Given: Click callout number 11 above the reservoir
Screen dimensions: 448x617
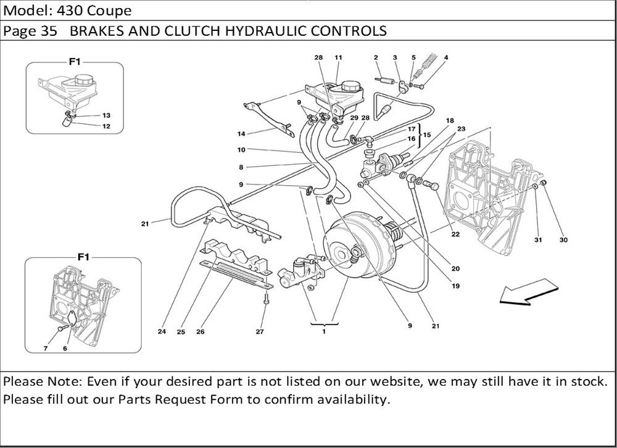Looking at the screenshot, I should click(338, 57).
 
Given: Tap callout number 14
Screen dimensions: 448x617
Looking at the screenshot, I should click(241, 134).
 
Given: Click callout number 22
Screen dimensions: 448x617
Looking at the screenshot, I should click(455, 234).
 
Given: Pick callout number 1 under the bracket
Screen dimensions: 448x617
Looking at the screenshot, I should click(323, 332).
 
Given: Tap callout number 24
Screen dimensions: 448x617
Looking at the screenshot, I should click(162, 332).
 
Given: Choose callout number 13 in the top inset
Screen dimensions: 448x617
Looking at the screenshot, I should click(106, 115).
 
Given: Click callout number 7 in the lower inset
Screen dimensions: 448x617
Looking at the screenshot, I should click(45, 349).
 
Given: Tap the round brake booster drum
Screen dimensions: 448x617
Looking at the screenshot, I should click(352, 247).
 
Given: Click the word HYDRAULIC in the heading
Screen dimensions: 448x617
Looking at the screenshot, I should click(263, 31).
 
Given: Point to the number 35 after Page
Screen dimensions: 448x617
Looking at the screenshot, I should click(49, 31).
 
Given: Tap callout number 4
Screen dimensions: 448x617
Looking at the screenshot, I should click(445, 57).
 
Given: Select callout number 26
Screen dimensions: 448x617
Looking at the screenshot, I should click(201, 332).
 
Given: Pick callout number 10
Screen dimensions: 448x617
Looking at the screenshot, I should click(241, 149).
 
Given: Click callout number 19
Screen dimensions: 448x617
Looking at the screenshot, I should click(456, 286).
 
